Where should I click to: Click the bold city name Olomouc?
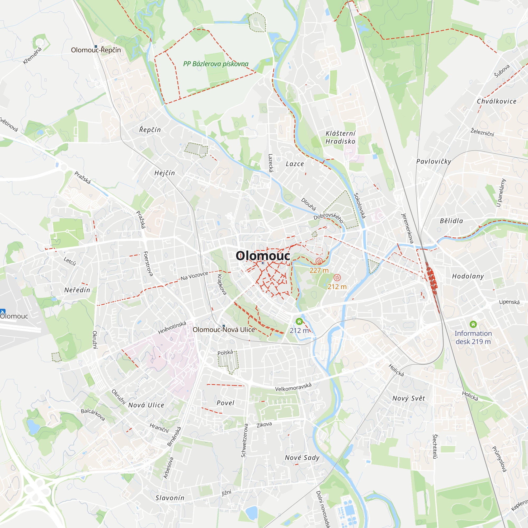point(263,256)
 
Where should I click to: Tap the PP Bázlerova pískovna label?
point(216,64)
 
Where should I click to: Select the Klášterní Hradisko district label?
point(340,137)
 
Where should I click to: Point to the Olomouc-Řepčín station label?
point(96,50)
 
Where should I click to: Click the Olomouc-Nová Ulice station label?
point(224,329)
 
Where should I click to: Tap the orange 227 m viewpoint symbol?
point(319,261)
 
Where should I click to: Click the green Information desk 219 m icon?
point(473,324)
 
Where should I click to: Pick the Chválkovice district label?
point(497,101)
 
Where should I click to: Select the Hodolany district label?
point(468,276)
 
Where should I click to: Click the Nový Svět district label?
point(409,398)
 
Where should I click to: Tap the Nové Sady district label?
point(302,458)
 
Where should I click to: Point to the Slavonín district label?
point(170,498)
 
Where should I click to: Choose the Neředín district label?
point(77,290)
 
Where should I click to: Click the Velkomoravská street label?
point(293,387)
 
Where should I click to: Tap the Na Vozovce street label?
point(194,276)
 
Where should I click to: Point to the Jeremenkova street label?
point(407,228)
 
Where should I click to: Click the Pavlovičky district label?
point(433,162)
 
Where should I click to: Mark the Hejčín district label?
point(164,173)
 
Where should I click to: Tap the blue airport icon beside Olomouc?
point(2,312)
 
